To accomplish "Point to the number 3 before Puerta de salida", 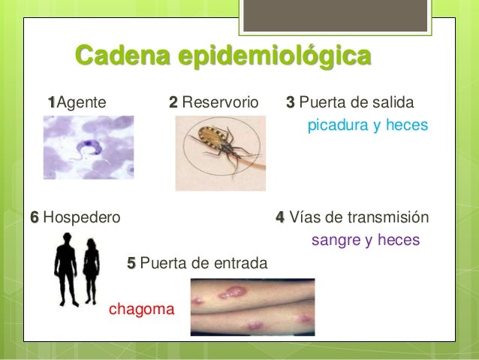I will tap(291, 101).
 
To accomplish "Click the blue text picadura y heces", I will tap(367, 125).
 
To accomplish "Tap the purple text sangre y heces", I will tap(365, 241).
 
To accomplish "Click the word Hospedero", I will tap(82, 218).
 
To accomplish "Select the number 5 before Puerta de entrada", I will tap(131, 263).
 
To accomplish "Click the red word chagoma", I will tap(142, 308).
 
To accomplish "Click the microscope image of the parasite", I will tap(89, 147).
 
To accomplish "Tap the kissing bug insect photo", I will tap(220, 153).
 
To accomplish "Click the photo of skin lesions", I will tap(252, 307).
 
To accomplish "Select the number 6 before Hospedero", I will tap(34, 218).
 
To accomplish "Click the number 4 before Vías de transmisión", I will tap(280, 218).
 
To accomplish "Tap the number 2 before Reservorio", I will tap(173, 101).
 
